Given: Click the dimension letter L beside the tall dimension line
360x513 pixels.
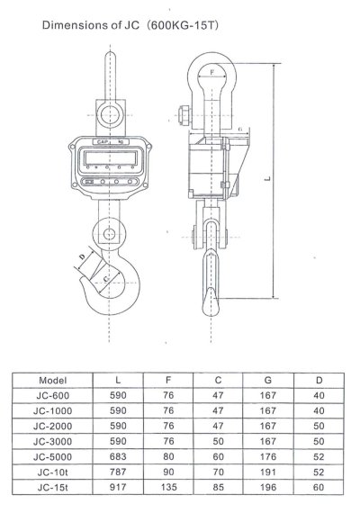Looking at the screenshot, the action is pos(267,178).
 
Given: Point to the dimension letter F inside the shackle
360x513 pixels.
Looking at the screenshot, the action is pos(212,72).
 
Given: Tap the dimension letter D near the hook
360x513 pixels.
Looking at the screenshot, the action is pos(83,256).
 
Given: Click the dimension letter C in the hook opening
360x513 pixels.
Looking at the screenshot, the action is pos(106,278).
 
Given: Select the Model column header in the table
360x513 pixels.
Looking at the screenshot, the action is pos(53,381).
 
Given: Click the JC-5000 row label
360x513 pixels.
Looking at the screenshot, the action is pos(53,457).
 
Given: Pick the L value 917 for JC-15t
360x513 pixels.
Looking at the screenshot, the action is pos(118,488).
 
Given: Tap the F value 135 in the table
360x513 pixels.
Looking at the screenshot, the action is pos(168,488).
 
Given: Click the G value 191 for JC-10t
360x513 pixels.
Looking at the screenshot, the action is pos(268,472).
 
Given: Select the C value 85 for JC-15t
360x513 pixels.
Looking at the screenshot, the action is pos(219,488).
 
